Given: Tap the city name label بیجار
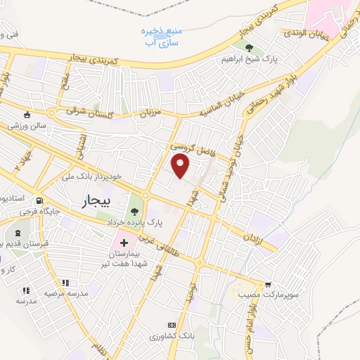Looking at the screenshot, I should click(96, 202).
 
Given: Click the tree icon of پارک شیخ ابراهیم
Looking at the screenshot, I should click(250, 49).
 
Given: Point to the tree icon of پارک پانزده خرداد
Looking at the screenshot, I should click(133, 210).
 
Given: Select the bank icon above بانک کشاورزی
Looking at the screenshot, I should click(171, 326).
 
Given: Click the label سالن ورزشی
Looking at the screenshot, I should click(27, 127).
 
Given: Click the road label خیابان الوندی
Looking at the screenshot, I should click(304, 34).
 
